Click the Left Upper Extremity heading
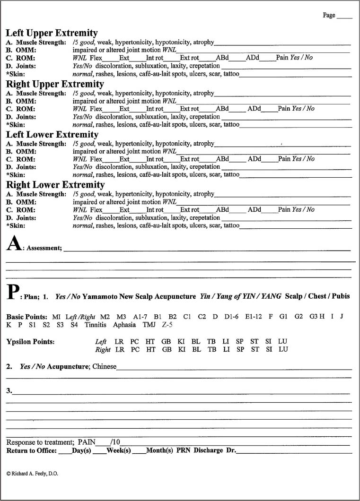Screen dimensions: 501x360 coord(52,33)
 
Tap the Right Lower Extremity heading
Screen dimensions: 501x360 coord(55,185)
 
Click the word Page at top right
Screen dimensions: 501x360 coord(329,15)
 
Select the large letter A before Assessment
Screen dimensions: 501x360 coord(13,244)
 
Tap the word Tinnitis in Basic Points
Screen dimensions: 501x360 coord(97,325)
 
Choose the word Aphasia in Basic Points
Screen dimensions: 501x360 coord(124,325)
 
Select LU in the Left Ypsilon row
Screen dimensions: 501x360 coord(283,341)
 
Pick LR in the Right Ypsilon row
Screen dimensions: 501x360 coord(120,349)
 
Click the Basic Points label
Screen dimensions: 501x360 coord(26,316)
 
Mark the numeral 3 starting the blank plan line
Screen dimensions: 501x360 coord(9,390)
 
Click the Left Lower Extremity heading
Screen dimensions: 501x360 coord(52,134)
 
